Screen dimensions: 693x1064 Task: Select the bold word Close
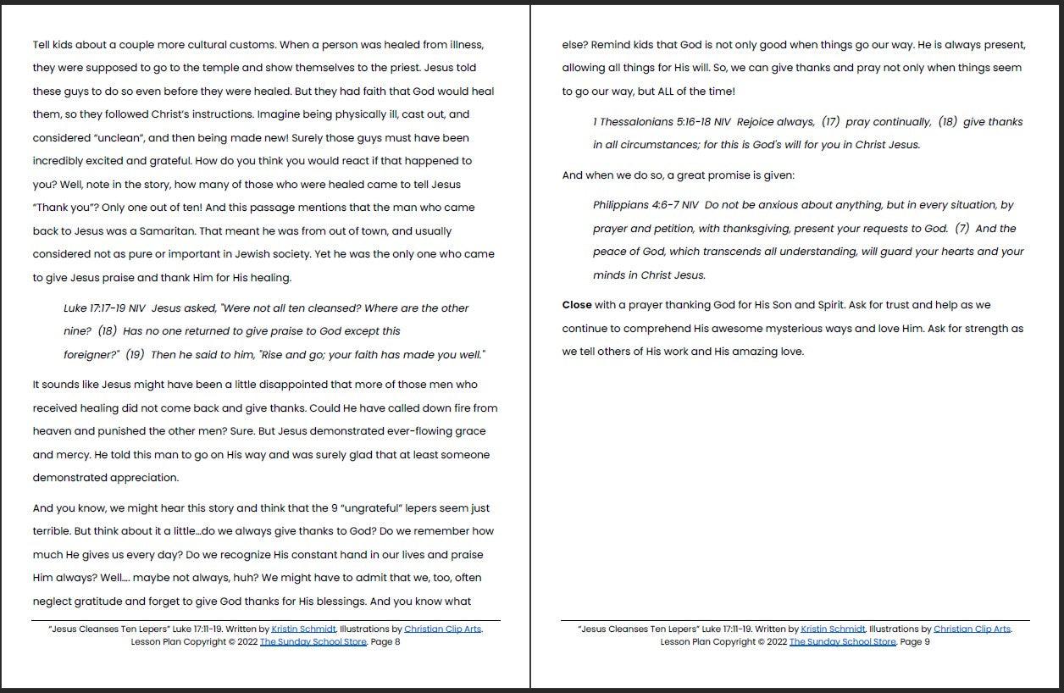pos(577,305)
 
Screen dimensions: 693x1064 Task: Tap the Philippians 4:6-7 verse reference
pos(646,205)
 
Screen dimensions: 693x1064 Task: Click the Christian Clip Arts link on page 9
pos(972,629)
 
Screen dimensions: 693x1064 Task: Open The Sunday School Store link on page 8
pos(313,642)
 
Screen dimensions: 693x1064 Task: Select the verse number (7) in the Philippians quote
pos(961,229)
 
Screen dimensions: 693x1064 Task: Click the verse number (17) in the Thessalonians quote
pos(830,122)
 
